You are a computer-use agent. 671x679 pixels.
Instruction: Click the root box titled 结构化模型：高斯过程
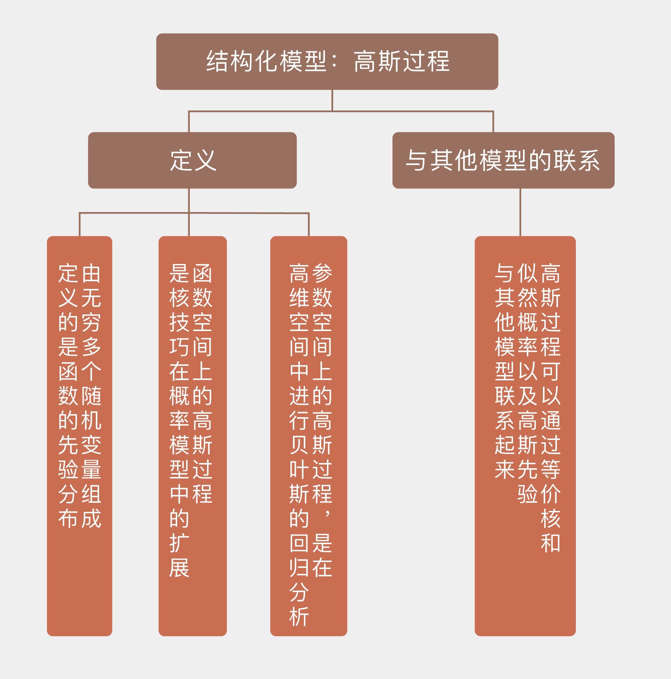pos(327,61)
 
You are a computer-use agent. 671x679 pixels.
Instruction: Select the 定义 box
pos(192,160)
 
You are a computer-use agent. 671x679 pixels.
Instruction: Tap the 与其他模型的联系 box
pos(503,160)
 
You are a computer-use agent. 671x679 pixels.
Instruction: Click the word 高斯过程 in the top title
pos(402,61)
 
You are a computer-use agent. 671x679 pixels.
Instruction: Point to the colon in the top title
pos(334,61)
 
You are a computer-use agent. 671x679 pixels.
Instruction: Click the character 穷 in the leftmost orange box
pos(91,322)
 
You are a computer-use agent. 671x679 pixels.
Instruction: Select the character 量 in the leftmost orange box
pos(91,469)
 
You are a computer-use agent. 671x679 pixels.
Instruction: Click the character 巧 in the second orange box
pos(179,347)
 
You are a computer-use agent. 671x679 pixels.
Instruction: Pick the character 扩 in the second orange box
pos(179,543)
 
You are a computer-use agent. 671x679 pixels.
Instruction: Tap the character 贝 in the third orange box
pos(299,445)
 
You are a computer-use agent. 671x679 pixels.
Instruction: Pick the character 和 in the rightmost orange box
pos(551,543)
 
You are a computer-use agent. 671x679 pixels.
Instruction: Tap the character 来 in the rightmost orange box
pos(505,469)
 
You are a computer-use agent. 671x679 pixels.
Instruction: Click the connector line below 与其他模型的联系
pos(520,212)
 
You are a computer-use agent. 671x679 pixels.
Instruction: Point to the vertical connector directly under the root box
pos(332,100)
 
